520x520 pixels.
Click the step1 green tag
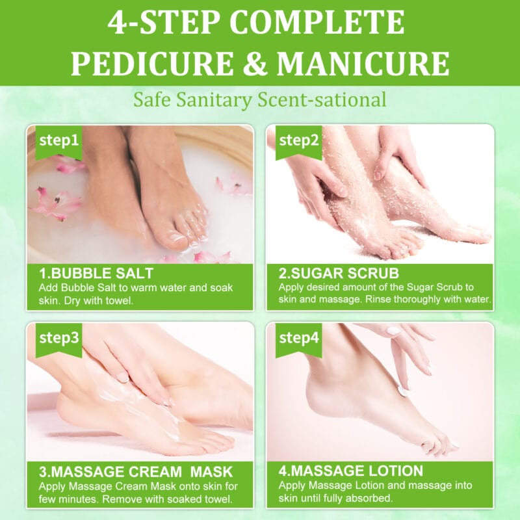[x=59, y=140]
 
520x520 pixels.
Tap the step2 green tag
[x=298, y=140]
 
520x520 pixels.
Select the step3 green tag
[x=59, y=338]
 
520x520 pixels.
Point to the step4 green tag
[x=298, y=338]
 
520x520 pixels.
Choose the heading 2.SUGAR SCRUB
[x=339, y=273]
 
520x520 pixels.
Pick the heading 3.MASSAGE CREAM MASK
[x=135, y=471]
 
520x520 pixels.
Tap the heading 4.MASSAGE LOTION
[x=351, y=471]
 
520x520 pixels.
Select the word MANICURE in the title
[x=363, y=64]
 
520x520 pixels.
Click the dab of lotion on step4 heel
[x=403, y=391]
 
